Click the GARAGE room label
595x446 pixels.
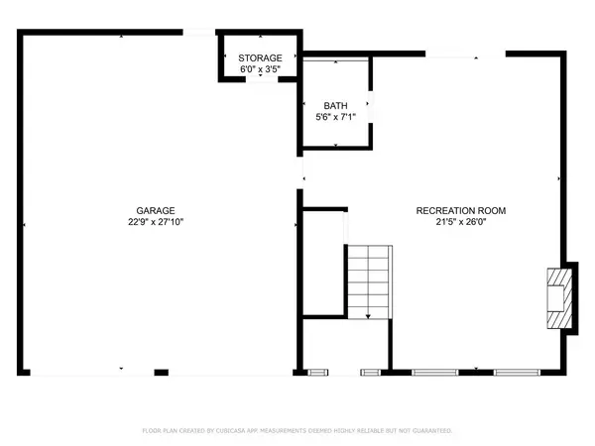click(x=156, y=210)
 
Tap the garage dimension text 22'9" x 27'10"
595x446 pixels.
click(x=156, y=222)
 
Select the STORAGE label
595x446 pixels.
click(x=260, y=58)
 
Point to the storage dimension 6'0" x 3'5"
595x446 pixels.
click(x=260, y=69)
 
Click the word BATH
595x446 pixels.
click(x=335, y=106)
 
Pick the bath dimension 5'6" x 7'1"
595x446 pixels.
click(x=335, y=117)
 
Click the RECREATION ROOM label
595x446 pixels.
click(x=461, y=210)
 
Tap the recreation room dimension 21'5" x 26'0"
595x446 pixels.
click(x=461, y=222)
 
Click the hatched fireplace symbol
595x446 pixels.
click(x=559, y=298)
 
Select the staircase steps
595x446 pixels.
click(x=370, y=282)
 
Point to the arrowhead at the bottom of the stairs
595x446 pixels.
click(x=368, y=316)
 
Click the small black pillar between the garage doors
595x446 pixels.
click(x=162, y=373)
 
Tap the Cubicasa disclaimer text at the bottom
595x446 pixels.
click(x=297, y=430)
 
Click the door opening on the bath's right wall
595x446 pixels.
click(x=371, y=107)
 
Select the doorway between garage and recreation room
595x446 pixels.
click(x=299, y=172)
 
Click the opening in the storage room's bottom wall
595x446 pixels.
click(x=262, y=79)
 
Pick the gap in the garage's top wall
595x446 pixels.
click(x=199, y=33)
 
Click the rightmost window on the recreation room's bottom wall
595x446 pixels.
click(x=517, y=373)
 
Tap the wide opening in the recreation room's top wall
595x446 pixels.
click(x=466, y=55)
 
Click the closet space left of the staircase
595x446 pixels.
click(x=323, y=263)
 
